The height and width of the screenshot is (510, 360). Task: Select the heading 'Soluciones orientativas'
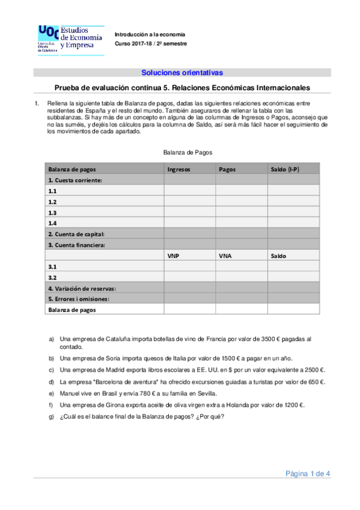tap(182, 73)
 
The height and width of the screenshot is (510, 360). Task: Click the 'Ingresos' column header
tap(179, 170)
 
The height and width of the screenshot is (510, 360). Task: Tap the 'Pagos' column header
tap(227, 170)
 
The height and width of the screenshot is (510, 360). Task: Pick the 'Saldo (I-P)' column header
tap(287, 170)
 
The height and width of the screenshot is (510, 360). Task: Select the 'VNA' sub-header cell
tap(225, 256)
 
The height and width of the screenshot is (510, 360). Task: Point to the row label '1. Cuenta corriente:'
tap(75, 180)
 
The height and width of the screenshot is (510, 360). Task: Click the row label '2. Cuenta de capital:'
tap(76, 234)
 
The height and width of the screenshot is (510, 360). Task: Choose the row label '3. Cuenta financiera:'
tap(76, 245)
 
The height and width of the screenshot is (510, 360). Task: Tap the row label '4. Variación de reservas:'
tap(82, 288)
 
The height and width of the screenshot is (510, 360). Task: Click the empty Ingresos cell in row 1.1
tap(190, 191)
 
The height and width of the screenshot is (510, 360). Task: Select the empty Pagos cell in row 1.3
tap(242, 213)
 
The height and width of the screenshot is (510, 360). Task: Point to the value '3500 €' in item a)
tap(273, 339)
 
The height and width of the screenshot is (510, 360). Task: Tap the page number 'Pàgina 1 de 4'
tap(308, 474)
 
